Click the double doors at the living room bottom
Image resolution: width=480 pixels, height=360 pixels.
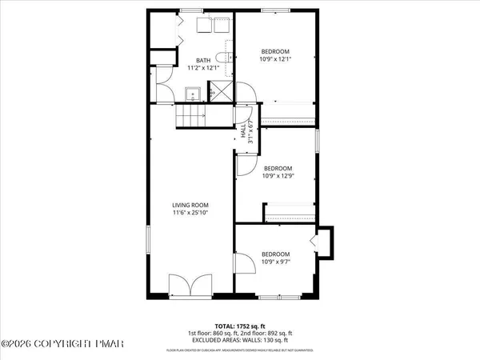pyautogui.click(x=183, y=286)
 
